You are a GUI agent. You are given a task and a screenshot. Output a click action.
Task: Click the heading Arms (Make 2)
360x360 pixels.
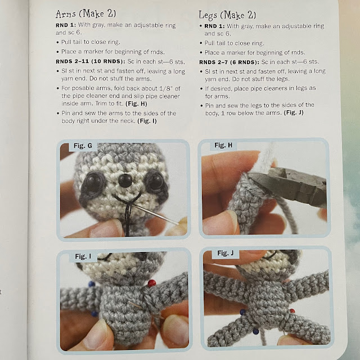click(x=85, y=14)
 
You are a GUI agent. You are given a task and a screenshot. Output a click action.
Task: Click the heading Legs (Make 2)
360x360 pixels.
click(x=227, y=15)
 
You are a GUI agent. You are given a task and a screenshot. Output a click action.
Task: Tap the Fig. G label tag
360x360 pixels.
click(x=83, y=146)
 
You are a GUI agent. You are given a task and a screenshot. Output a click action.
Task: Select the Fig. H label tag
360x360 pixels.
click(x=223, y=145)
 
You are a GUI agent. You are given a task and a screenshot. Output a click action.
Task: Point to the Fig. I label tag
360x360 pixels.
click(x=83, y=256)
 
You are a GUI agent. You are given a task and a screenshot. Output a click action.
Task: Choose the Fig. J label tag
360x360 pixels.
click(x=225, y=253)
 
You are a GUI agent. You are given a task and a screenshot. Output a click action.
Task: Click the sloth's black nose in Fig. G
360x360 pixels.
click(x=125, y=180)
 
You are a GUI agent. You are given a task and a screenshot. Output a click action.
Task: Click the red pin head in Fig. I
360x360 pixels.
click(x=151, y=283)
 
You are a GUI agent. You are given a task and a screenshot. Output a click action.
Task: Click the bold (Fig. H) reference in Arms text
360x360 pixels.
click(x=136, y=103)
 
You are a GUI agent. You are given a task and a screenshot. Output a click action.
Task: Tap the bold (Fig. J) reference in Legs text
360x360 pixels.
click(x=294, y=112)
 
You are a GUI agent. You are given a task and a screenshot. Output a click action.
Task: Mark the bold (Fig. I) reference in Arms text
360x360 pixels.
click(x=147, y=121)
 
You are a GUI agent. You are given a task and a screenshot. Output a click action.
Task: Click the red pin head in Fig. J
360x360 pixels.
click(x=292, y=311)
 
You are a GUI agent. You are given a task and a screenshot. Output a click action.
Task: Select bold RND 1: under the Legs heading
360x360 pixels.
click(x=214, y=26)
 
